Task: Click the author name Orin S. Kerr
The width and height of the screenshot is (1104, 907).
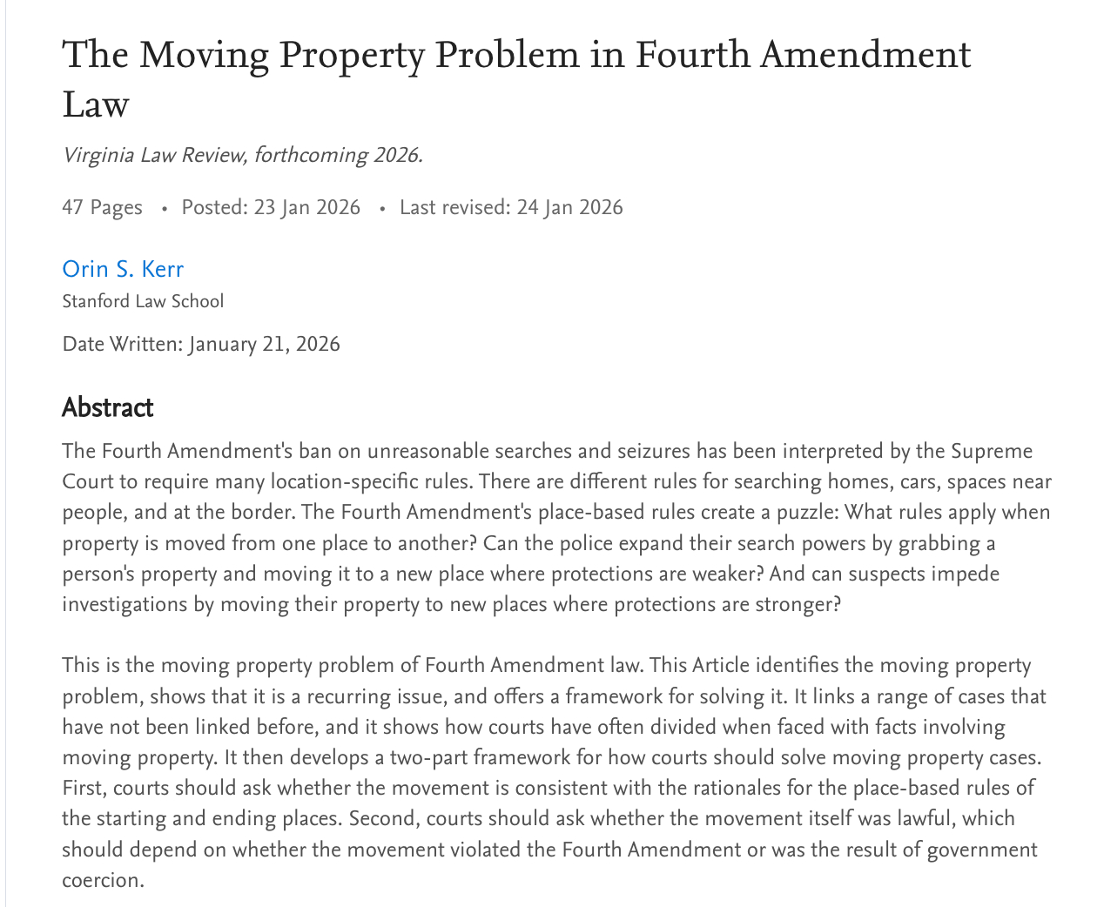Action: tap(123, 269)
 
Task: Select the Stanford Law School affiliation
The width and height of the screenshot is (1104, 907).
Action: tap(143, 301)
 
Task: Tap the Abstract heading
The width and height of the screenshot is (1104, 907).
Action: tap(108, 407)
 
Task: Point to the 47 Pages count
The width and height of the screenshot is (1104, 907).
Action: tap(102, 207)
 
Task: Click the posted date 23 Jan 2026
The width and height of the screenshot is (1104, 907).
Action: tap(306, 207)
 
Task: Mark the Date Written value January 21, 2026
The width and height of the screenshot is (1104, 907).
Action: tap(264, 344)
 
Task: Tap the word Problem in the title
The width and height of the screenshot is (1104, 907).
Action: tap(506, 55)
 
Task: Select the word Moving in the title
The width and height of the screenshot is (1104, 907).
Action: tap(204, 55)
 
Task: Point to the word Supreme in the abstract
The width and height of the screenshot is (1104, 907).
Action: tap(991, 451)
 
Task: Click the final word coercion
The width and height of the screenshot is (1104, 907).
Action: tap(101, 880)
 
